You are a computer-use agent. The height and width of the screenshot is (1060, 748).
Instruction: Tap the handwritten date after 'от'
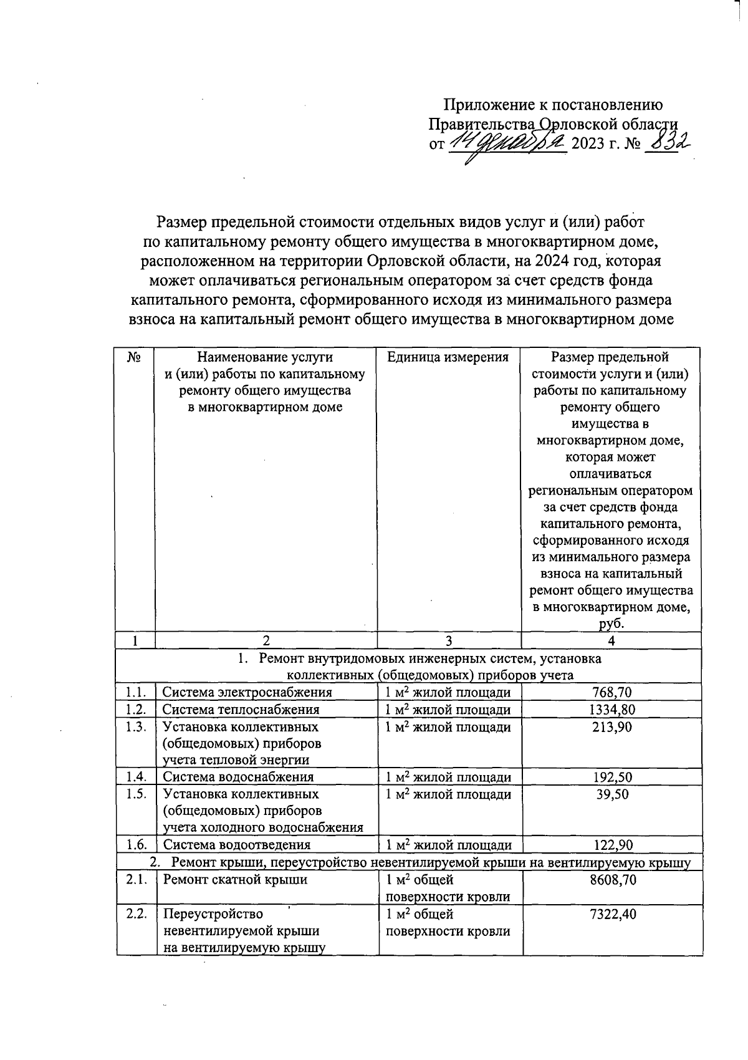point(506,144)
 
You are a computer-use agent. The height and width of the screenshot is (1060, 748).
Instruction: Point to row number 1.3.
point(135,727)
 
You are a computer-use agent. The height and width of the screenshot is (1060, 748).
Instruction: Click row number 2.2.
point(135,914)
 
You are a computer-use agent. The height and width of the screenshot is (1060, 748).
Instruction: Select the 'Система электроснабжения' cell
point(247,692)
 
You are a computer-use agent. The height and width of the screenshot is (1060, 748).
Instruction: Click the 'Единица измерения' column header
point(448,357)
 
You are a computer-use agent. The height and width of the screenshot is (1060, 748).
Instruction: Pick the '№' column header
point(133,358)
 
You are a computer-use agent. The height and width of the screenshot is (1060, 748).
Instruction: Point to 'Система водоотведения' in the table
point(236,845)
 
